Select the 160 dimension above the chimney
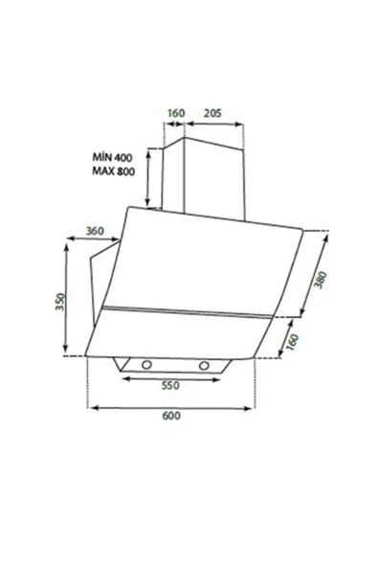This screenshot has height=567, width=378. click(175, 113)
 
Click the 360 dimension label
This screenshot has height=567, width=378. click(95, 231)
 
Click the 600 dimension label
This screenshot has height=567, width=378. click(171, 416)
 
